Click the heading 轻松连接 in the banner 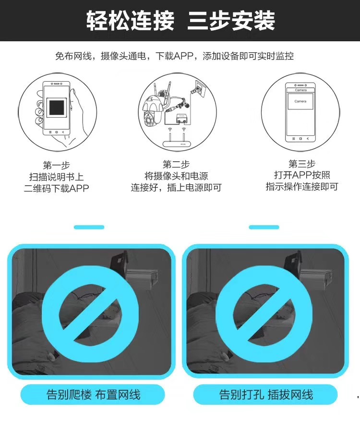coord(130,21)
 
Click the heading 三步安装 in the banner coord(231,21)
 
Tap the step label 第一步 coord(56,165)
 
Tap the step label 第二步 coord(176,164)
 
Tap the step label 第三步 coord(302,164)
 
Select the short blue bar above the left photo coord(89,227)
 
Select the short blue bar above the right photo coord(264,227)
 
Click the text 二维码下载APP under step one coord(56,188)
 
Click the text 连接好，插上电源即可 coord(176,187)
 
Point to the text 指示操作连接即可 coord(302,186)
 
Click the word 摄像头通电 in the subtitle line coord(128,57)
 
